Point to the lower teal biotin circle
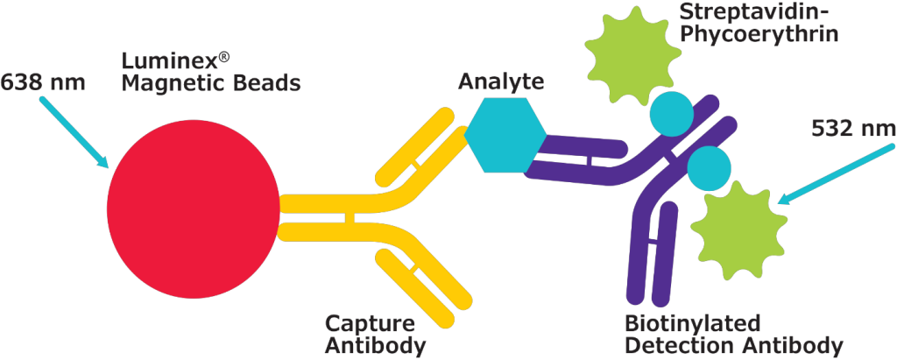click(710, 166)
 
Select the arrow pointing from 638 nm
click(74, 132)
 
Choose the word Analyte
click(501, 82)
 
